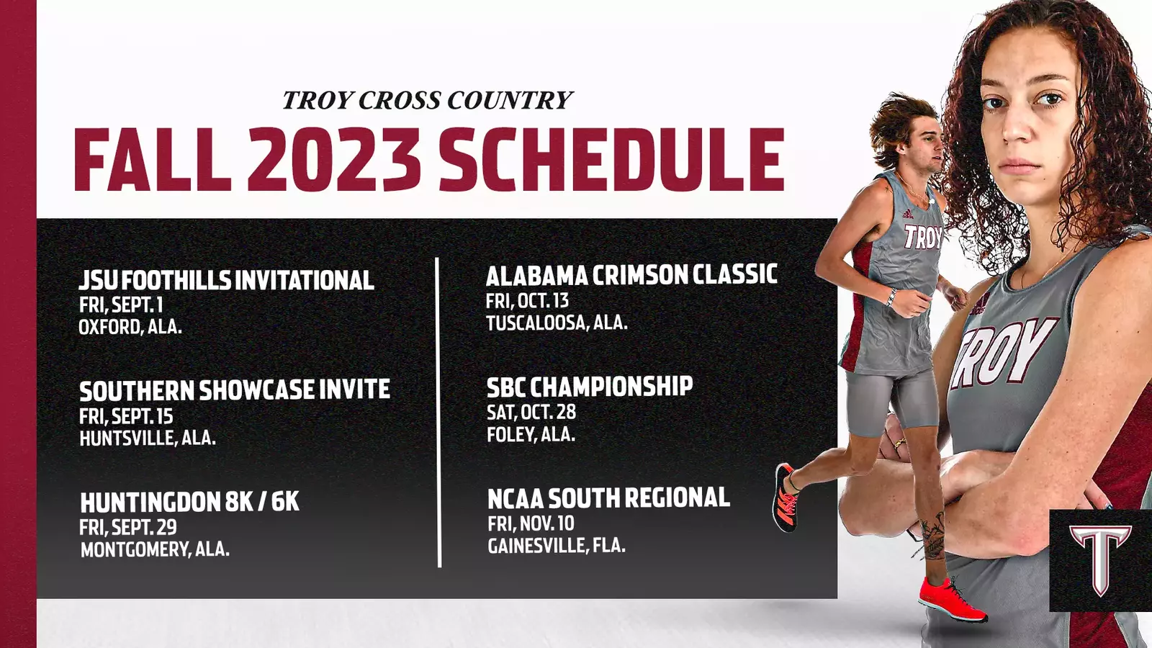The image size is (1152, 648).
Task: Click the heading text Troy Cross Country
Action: (428, 100)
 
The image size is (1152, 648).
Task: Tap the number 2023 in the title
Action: (335, 159)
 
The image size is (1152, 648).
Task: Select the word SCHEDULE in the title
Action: (611, 159)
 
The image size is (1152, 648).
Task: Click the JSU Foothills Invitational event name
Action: (226, 281)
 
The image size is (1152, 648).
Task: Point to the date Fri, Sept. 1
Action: (121, 305)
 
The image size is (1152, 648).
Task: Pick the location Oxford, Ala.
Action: (130, 327)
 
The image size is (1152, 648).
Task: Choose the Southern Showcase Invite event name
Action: (235, 390)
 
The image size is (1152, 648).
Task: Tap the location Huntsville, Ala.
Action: (147, 438)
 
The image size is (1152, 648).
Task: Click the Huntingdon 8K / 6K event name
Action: (189, 502)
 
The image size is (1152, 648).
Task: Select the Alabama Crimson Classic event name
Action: (631, 274)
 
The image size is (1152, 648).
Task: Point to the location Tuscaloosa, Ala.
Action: (557, 323)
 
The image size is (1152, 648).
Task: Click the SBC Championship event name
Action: (590, 386)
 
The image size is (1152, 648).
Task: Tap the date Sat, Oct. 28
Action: (531, 413)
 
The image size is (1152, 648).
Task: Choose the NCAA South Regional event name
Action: (608, 498)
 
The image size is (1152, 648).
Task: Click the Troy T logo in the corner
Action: (1100, 560)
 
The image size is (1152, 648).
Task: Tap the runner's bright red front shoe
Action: (952, 600)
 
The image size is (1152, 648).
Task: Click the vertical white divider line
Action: (438, 413)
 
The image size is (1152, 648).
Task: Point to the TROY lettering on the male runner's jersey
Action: (923, 237)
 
